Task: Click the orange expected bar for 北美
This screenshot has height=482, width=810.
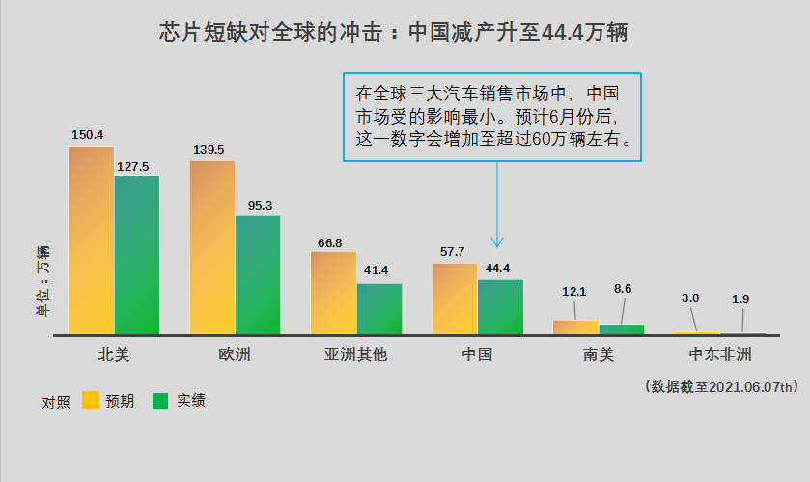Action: tap(91, 241)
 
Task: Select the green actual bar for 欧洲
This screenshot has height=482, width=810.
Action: tap(258, 275)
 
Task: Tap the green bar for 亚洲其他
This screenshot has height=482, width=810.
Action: tap(379, 309)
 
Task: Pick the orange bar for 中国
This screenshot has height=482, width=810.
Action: tap(454, 298)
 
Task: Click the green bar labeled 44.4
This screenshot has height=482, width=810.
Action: tap(500, 307)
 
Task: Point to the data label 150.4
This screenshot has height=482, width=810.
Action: tap(87, 134)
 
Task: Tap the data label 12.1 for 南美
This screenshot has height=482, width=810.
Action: tap(574, 291)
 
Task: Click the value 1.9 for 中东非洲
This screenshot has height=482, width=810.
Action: tap(740, 299)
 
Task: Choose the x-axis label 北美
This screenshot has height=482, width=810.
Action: tap(114, 354)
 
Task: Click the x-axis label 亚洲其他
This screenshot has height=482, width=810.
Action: tap(355, 354)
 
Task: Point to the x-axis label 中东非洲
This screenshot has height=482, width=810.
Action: tap(719, 354)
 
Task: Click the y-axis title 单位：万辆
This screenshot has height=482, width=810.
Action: tap(42, 281)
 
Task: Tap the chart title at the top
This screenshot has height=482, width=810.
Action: tap(394, 32)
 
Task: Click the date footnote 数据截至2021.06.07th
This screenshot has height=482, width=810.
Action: tap(721, 386)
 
